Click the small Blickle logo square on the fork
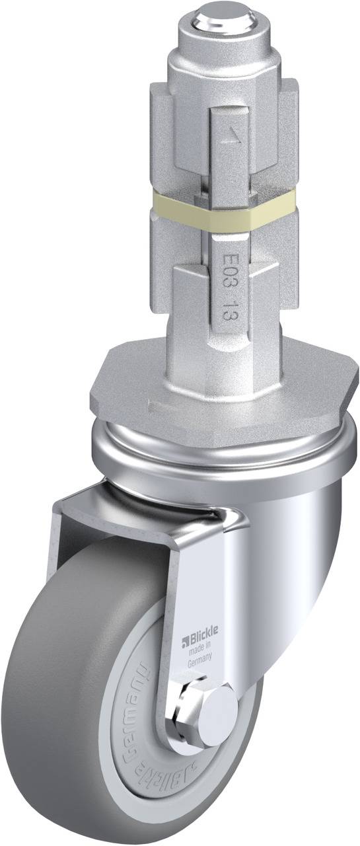coord(186,638)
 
